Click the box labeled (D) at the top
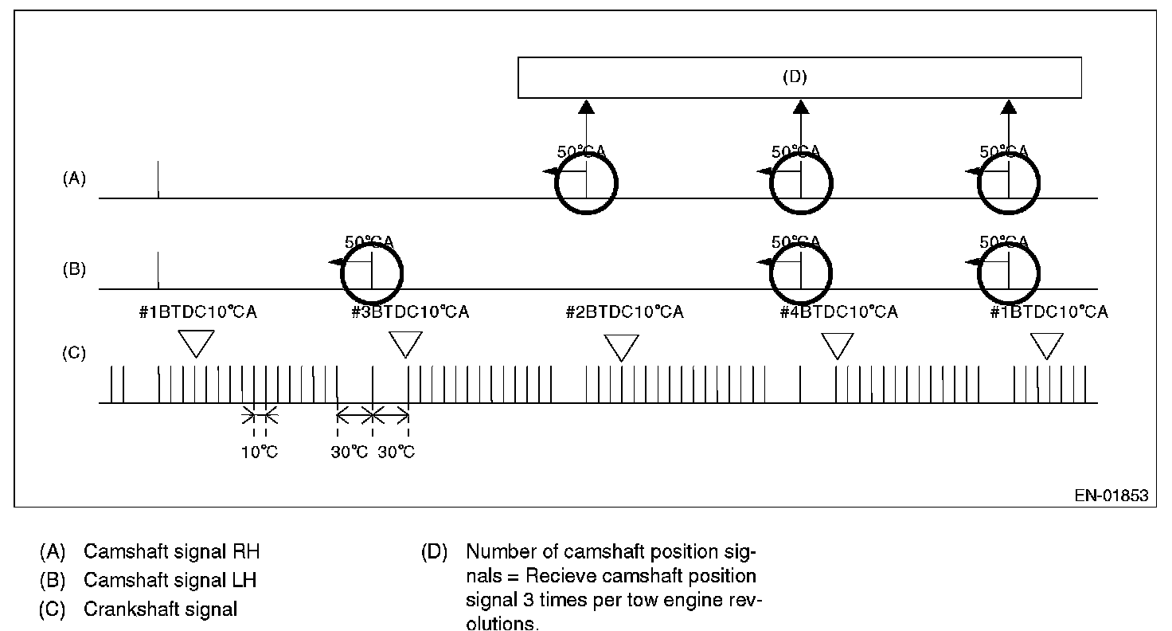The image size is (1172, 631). [799, 77]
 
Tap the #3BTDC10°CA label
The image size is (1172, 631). [409, 312]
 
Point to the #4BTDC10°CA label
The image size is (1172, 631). [838, 312]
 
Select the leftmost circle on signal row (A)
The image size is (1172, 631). [587, 182]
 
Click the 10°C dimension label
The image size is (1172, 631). [260, 453]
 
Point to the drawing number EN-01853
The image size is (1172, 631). [1111, 496]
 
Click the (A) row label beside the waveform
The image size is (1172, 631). [74, 179]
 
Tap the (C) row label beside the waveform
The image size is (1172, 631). [74, 353]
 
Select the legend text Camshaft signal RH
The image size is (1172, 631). [171, 551]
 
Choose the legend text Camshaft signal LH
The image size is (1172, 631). [170, 580]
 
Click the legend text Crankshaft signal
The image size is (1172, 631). [160, 609]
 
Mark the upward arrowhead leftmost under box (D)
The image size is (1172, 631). [587, 107]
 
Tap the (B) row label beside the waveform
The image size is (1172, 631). [74, 269]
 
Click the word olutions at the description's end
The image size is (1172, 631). [502, 623]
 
